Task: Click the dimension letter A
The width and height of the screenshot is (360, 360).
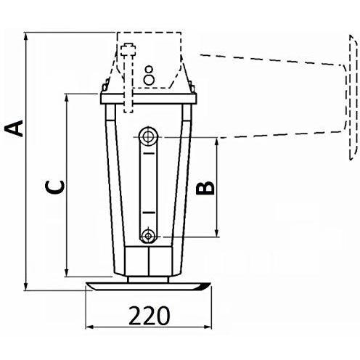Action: (15, 128)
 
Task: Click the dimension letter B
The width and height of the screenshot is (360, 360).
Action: (205, 188)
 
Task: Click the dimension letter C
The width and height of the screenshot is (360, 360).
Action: (55, 187)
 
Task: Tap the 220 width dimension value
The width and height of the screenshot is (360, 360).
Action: (149, 316)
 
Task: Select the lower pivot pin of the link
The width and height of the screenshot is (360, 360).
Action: (147, 235)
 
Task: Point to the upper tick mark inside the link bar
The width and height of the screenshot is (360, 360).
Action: (148, 154)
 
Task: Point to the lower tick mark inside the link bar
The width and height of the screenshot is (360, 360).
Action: (149, 213)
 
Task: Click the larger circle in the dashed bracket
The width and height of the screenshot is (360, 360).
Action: (149, 80)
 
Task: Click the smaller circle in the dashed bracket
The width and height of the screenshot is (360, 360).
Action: (149, 70)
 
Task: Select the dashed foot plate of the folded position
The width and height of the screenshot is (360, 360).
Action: (353, 97)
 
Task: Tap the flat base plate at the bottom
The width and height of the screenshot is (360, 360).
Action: (148, 287)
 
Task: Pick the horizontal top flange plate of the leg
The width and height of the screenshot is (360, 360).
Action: (149, 99)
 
